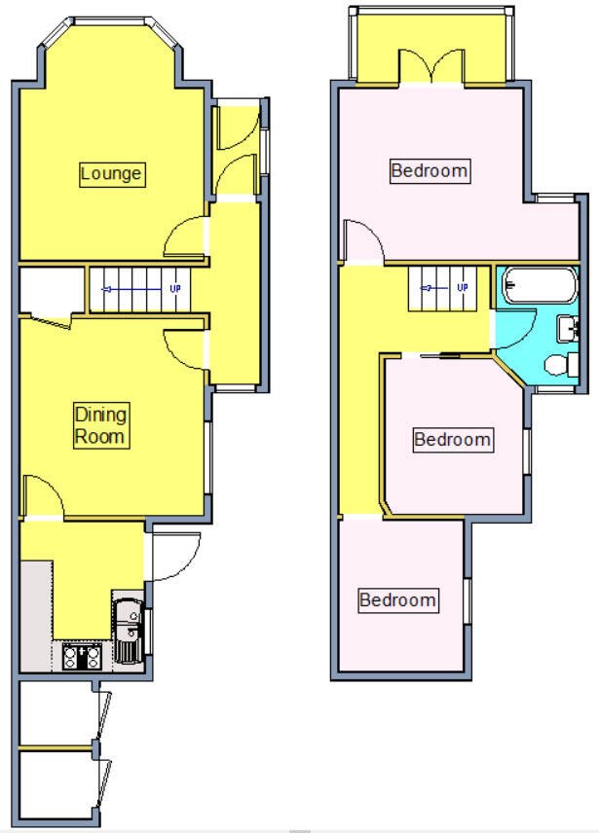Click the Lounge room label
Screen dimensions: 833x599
111,174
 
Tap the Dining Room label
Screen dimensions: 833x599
101,426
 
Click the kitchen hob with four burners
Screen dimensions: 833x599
82,657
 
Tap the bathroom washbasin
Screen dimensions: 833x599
568,328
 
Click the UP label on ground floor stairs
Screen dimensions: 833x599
176,289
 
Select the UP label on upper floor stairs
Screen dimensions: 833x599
462,288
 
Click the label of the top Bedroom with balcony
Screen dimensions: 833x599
430,171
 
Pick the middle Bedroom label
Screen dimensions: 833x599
452,440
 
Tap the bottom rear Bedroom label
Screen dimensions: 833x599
397,599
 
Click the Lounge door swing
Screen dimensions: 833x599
186,238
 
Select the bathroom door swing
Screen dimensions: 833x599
513,331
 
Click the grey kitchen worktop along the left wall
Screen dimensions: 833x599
34,613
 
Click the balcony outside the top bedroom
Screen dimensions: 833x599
380,49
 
